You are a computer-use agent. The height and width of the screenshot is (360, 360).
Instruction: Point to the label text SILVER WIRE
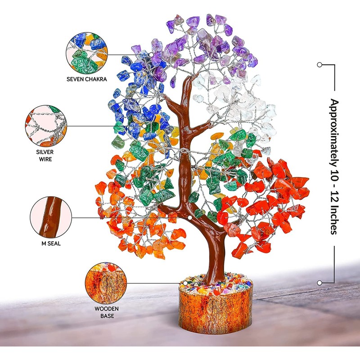pos(45,155)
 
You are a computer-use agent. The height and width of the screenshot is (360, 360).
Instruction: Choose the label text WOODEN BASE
pos(104,312)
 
